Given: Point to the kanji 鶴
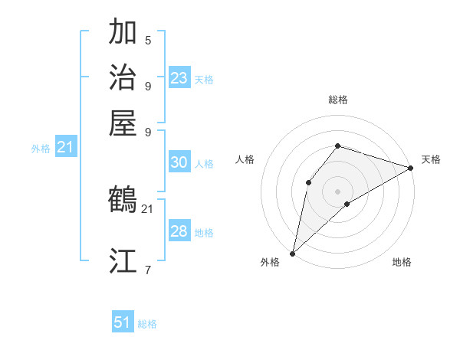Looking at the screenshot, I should click(123, 200).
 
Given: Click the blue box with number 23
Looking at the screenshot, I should click(179, 78).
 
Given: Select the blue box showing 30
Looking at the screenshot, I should click(179, 162).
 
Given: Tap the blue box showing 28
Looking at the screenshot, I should click(179, 231).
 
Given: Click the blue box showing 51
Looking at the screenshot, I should click(123, 322).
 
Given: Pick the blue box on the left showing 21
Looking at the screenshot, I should click(65, 148).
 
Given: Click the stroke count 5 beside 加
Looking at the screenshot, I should click(148, 40).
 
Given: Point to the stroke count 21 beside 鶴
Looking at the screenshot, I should click(147, 208).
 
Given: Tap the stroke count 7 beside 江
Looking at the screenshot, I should click(148, 269).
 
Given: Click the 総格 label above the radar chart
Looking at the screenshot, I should click(338, 100).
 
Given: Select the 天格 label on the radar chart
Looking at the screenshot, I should click(431, 159).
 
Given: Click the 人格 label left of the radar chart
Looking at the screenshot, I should click(245, 159).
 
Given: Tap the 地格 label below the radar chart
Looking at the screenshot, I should click(402, 262).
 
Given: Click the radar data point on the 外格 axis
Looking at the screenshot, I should click(292, 253).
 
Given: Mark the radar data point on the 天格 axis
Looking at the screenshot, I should click(411, 167).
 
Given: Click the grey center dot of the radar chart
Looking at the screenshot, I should click(337, 190).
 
